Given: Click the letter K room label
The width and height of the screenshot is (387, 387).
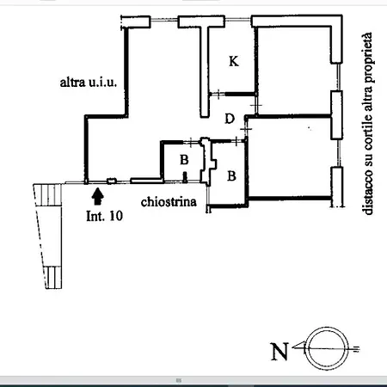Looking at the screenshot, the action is pyautogui.click(x=234, y=61).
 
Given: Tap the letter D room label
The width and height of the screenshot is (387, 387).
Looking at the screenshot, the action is pyautogui.click(x=230, y=119).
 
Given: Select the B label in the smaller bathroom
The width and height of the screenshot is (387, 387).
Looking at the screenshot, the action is pyautogui.click(x=184, y=160).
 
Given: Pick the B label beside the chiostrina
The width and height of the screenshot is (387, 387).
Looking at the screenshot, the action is pyautogui.click(x=231, y=175).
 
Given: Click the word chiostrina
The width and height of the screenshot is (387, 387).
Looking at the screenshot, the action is pyautogui.click(x=169, y=201).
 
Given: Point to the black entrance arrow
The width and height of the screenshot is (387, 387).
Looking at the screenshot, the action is pyautogui.click(x=98, y=196).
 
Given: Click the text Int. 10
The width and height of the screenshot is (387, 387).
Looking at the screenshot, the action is pyautogui.click(x=105, y=216).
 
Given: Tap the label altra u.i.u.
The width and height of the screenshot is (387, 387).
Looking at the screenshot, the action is pyautogui.click(x=89, y=83).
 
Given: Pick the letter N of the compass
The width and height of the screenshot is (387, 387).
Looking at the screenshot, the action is pyautogui.click(x=279, y=352).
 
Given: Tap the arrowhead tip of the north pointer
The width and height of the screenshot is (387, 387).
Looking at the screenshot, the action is pyautogui.click(x=292, y=348).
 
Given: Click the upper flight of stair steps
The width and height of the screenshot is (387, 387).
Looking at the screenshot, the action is pyautogui.click(x=47, y=195).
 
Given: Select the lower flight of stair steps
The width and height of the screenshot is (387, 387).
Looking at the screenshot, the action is pyautogui.click(x=53, y=277).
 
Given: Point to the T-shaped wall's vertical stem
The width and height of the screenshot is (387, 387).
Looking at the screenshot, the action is pyautogui.click(x=205, y=71).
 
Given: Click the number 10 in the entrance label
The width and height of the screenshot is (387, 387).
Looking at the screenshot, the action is pyautogui.click(x=116, y=216).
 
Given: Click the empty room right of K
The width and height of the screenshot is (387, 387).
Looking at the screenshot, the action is pyautogui.click(x=294, y=71).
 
